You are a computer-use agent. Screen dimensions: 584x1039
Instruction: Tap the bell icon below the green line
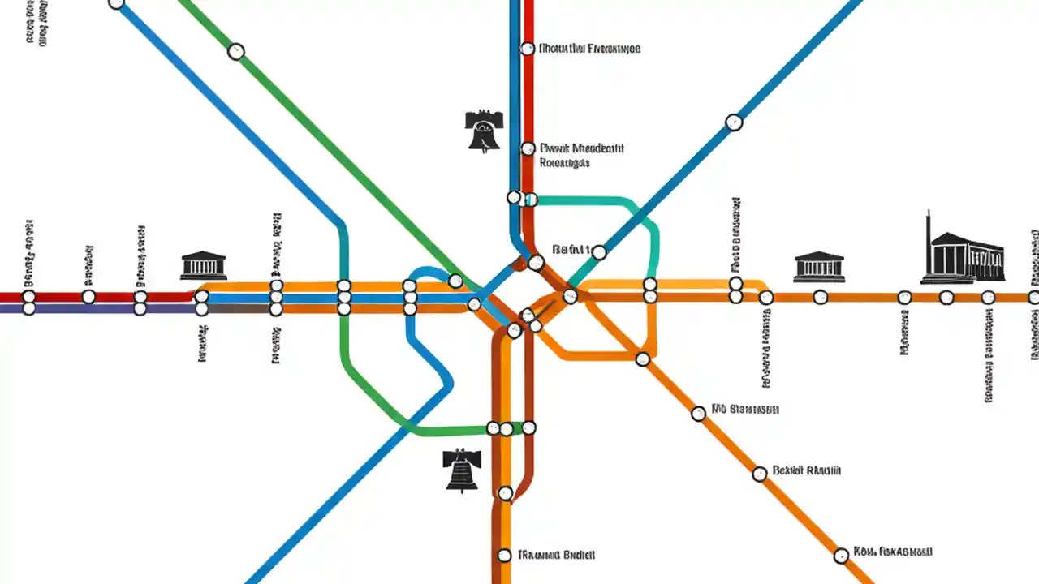coord(462,470)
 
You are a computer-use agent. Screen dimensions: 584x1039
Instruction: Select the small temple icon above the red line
coord(203,265)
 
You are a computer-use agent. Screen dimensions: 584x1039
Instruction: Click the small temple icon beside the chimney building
coord(818,266)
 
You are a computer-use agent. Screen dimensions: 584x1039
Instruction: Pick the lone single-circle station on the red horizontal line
coord(88,297)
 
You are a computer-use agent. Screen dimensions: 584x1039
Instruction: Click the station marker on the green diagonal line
coord(235,52)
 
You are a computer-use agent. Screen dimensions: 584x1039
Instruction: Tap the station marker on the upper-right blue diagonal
coord(734,122)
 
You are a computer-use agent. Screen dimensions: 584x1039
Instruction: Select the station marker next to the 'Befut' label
coord(599,252)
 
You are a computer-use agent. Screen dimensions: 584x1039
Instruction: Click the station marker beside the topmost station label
coord(528,49)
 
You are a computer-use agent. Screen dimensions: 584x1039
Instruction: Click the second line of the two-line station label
coord(564,163)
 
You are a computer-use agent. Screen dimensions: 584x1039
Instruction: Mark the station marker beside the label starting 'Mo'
coord(698,414)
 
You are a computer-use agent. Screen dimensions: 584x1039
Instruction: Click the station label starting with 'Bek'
coord(806,470)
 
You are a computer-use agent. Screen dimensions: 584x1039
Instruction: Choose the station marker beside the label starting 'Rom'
coord(841,556)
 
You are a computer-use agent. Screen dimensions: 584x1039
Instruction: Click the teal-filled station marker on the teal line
coord(530,199)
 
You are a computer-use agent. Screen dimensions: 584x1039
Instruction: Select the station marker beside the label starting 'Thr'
coord(504,556)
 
